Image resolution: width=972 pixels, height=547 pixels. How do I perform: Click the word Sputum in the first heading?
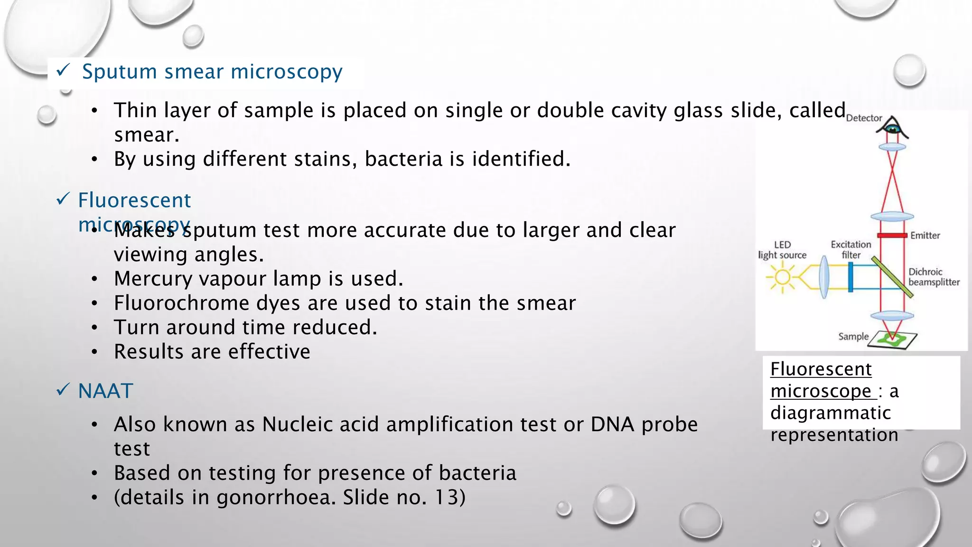click(x=119, y=72)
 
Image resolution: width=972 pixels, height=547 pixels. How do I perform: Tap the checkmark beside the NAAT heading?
click(x=63, y=390)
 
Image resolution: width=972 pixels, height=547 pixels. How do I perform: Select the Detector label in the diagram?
click(x=864, y=118)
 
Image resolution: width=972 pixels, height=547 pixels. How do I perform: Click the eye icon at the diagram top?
click(x=893, y=127)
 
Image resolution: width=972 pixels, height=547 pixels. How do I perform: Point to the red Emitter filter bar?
click(x=892, y=236)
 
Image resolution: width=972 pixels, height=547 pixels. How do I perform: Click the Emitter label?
click(x=925, y=236)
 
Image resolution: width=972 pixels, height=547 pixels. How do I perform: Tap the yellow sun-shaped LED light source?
click(x=783, y=277)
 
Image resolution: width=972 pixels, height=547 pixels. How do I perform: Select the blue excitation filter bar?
click(x=850, y=277)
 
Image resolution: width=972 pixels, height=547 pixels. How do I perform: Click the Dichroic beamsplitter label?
click(x=934, y=277)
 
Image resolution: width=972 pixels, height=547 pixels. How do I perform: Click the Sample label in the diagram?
click(x=853, y=337)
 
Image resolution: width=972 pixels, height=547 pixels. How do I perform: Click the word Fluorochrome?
click(x=181, y=303)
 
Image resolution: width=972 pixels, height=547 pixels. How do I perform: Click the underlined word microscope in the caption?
click(x=821, y=391)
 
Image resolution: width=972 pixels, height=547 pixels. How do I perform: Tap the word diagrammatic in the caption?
click(x=830, y=413)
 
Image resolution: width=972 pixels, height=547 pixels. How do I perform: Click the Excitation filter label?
click(x=850, y=249)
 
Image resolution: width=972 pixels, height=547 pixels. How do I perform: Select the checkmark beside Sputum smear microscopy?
click(x=63, y=71)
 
